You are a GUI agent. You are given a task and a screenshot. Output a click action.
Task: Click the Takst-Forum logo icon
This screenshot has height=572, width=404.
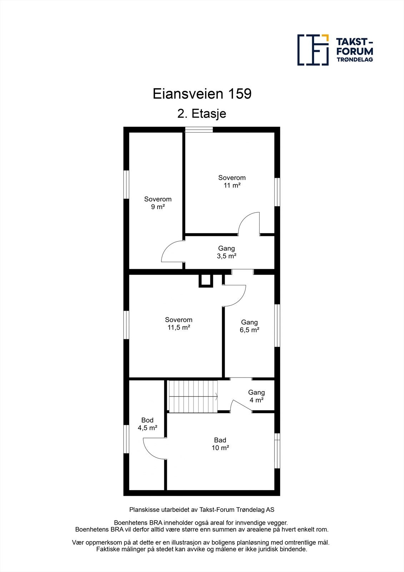313,50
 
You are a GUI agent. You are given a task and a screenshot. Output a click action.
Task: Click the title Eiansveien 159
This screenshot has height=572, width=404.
202,94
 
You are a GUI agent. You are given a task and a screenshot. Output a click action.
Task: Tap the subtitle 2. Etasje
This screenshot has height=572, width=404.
202,114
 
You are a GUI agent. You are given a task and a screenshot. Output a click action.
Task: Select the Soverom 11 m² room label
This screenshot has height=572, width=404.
232,181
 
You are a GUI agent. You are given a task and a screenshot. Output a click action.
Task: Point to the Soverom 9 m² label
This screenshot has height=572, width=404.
158,203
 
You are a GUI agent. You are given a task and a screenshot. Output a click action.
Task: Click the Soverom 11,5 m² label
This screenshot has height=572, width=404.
179,324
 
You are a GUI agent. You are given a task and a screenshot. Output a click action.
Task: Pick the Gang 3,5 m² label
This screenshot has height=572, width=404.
226,252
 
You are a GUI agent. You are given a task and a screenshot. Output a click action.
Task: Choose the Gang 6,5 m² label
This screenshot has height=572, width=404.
249,326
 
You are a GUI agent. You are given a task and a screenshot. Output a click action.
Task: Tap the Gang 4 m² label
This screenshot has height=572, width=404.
256,396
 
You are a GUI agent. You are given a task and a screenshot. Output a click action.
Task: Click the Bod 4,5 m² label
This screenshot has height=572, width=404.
147,424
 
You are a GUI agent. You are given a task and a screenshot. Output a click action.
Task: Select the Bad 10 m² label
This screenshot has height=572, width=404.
220,444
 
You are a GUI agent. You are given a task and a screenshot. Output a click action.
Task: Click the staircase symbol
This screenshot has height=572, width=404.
193,396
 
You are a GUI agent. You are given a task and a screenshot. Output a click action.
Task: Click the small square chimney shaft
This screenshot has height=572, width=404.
205,281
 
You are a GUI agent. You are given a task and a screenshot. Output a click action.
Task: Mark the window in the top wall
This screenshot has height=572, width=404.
199,130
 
